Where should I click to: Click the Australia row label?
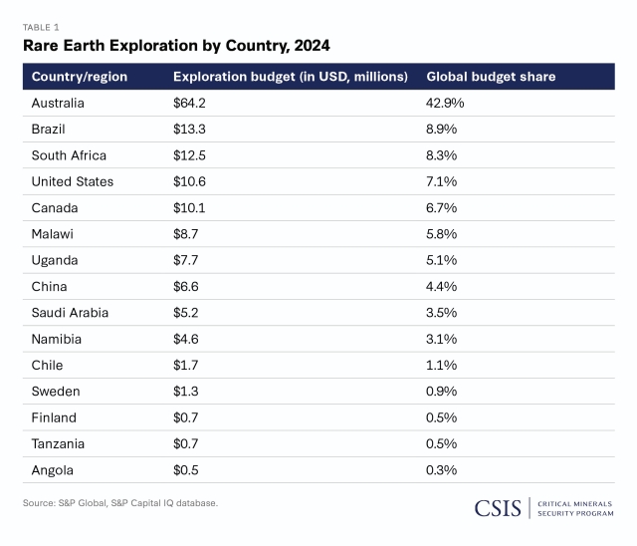click(58, 103)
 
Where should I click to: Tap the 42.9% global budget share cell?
click(445, 103)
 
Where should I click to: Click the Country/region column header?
click(79, 77)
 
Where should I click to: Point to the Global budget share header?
click(491, 77)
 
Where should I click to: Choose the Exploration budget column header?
click(291, 77)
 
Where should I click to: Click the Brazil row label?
click(50, 129)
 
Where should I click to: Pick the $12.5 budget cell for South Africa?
click(189, 155)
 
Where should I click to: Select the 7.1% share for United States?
click(441, 181)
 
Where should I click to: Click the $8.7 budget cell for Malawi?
click(186, 234)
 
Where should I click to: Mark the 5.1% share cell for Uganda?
click(441, 260)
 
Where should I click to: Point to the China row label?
click(50, 286)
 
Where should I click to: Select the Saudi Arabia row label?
click(70, 313)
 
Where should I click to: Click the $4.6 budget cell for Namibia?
click(186, 339)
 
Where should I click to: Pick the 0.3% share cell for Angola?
click(441, 470)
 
